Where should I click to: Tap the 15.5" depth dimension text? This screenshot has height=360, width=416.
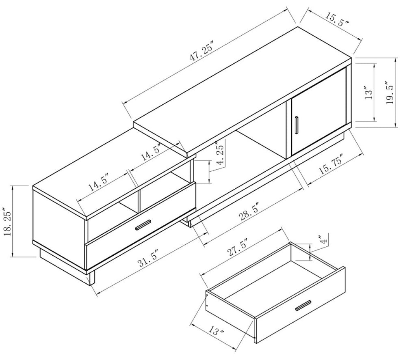pos(337,19)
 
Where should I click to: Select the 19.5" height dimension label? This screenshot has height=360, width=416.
pos(390,93)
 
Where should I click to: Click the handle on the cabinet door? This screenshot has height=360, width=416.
pos(297,124)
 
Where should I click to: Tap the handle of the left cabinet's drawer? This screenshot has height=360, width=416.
pos(143,224)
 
